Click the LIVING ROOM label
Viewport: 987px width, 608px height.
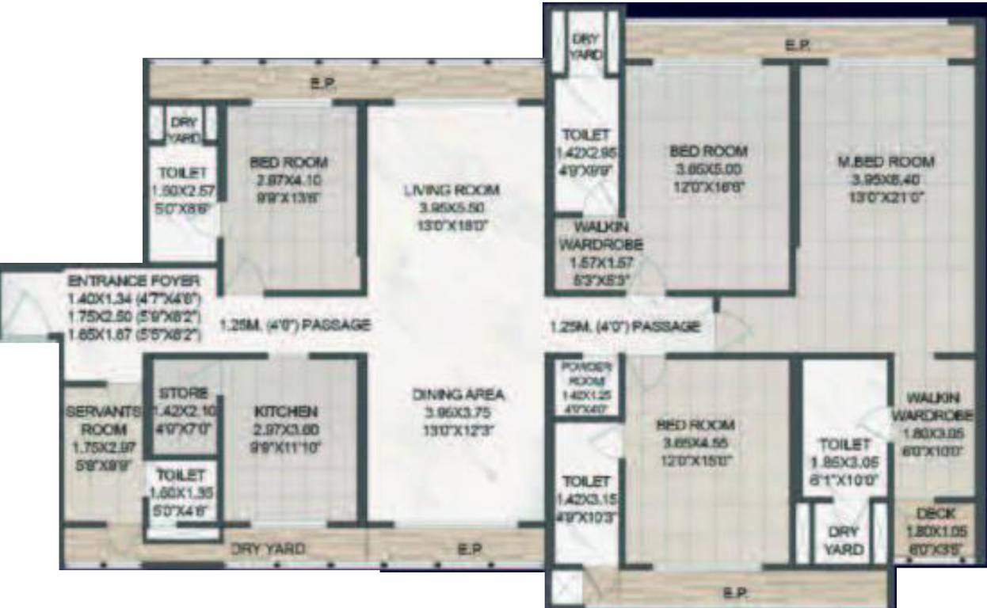click(x=451, y=190)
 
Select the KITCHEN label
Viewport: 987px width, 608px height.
click(x=286, y=412)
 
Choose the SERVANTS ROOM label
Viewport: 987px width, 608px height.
click(x=103, y=420)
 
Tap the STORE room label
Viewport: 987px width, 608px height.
click(x=183, y=393)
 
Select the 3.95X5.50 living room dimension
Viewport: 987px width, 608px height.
click(x=451, y=207)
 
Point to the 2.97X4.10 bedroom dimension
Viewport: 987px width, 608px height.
click(x=288, y=180)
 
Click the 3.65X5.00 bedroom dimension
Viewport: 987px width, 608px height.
click(x=707, y=169)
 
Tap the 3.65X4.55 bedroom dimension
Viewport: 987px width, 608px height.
click(x=695, y=443)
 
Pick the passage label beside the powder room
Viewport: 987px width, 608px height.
click(x=624, y=326)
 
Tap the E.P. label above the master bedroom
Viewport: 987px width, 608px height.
click(x=796, y=46)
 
